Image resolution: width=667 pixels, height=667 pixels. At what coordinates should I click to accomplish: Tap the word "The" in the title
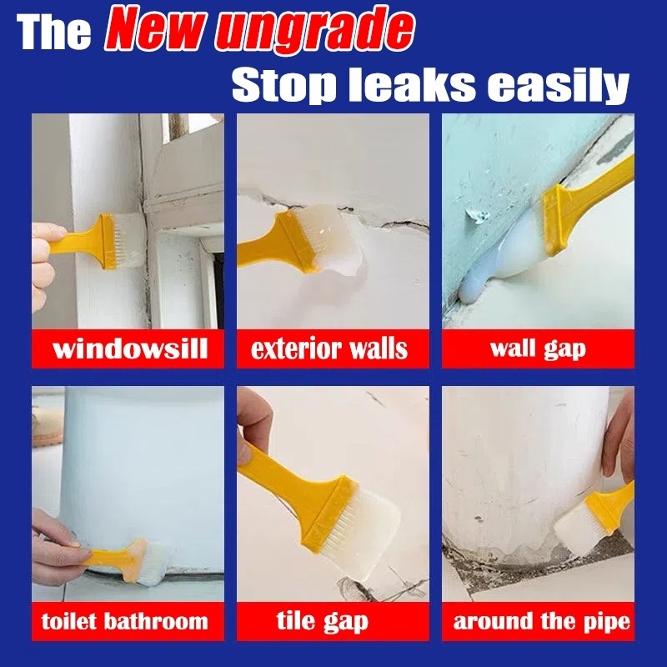pos(53,33)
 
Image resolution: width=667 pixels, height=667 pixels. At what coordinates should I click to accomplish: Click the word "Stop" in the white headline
pos(283,85)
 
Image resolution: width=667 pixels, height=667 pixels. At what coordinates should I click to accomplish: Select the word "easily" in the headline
pos(558,87)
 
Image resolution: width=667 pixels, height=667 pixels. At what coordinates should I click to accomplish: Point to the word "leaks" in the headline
pos(411,84)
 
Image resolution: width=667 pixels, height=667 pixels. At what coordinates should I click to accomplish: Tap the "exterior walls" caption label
pos(329,349)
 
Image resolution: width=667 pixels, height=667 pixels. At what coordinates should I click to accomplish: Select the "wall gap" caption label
pos(538,349)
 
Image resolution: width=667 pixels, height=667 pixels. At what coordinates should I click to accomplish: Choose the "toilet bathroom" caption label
pos(124,621)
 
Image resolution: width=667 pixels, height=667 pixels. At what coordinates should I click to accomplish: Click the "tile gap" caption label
pos(322,621)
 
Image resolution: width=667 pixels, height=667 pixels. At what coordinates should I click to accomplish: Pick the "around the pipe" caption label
pos(541,621)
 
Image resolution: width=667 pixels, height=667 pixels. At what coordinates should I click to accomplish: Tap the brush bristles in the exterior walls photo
pos(337,240)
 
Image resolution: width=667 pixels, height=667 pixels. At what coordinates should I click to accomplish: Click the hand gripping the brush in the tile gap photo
pos(254,425)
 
